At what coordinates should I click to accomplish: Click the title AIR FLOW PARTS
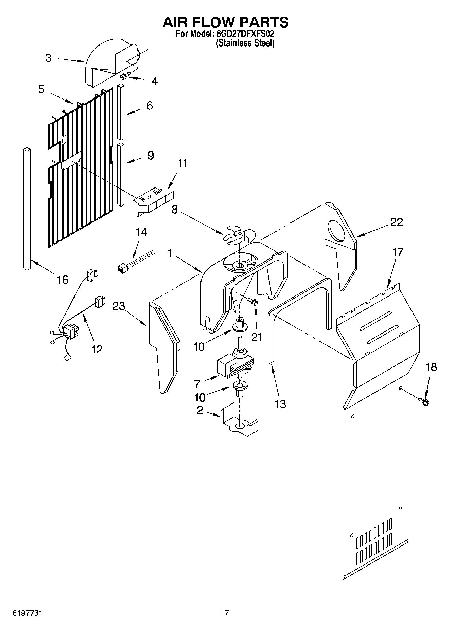point(225,22)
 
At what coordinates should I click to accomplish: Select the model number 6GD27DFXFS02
point(245,34)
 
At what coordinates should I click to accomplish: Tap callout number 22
point(396,222)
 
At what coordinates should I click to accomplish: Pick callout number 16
point(63,280)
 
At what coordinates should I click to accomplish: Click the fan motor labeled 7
point(234,365)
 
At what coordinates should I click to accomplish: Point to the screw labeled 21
point(252,301)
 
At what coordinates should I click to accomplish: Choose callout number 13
point(280,404)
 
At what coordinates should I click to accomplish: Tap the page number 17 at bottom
point(225,613)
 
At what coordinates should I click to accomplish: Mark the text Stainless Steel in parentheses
point(245,43)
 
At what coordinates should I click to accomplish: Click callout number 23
point(119,306)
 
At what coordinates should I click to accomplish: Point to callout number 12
point(97,349)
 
